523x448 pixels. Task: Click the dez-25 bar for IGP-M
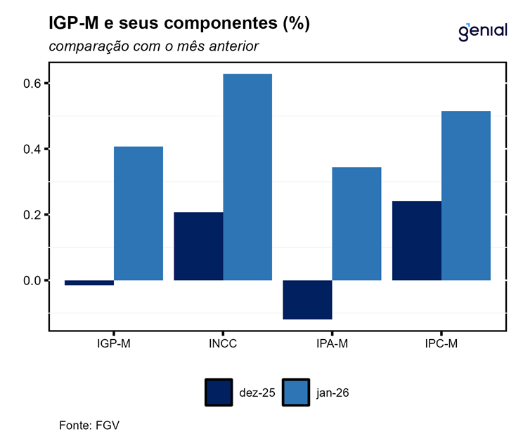coord(89,283)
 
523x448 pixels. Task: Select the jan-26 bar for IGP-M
coord(138,213)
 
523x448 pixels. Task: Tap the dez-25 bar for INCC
coord(198,246)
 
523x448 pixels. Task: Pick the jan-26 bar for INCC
coord(247,177)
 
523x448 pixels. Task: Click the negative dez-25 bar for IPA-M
coord(307,300)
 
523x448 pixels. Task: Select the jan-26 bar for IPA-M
coord(356,224)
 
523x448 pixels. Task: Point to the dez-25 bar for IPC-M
coord(417,241)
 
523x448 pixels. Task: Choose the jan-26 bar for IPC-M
coord(466,196)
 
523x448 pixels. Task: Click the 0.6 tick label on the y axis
coord(32,84)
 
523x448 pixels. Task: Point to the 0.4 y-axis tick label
coord(32,150)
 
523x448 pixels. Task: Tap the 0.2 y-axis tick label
coord(32,215)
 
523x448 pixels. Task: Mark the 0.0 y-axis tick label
coord(32,281)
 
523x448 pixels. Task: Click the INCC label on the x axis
coord(223,344)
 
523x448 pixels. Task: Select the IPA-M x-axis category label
coord(332,344)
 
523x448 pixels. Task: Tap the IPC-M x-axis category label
coord(441,344)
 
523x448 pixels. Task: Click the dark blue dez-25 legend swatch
coord(219,393)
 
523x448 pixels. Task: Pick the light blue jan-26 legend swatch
coord(295,393)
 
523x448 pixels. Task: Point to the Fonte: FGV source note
coord(84,426)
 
